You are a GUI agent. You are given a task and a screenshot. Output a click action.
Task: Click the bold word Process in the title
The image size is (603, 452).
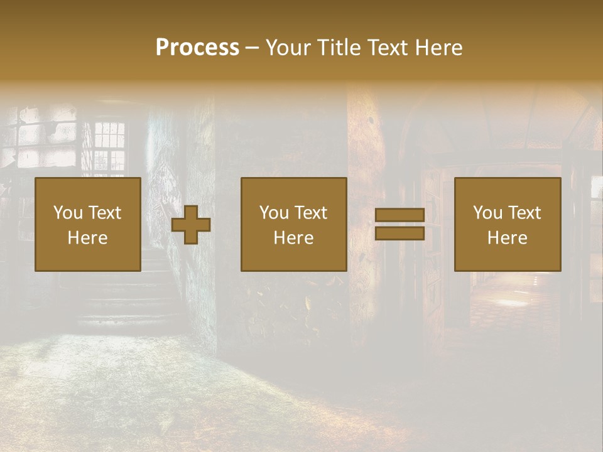pyautogui.click(x=197, y=48)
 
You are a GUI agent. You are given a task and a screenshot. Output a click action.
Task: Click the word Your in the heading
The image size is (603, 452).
pyautogui.click(x=287, y=48)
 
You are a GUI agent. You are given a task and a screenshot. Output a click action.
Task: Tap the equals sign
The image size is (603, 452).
pyautogui.click(x=399, y=224)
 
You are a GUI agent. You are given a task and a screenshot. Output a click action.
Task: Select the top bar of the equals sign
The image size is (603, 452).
pyautogui.click(x=399, y=215)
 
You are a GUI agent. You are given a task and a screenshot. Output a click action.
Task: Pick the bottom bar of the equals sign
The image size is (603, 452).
pyautogui.click(x=399, y=233)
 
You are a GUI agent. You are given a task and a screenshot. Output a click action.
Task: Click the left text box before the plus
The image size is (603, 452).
pyautogui.click(x=88, y=224)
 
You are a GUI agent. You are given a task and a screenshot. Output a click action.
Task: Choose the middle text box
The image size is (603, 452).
pyautogui.click(x=294, y=224)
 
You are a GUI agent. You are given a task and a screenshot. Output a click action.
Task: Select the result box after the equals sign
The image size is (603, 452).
pyautogui.click(x=508, y=224)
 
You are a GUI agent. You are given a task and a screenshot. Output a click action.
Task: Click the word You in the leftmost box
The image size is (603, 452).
pyautogui.click(x=66, y=213)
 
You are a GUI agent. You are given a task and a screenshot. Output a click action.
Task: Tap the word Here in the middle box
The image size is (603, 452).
pyautogui.click(x=294, y=238)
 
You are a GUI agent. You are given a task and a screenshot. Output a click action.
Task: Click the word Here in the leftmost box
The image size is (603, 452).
pyautogui.click(x=88, y=238)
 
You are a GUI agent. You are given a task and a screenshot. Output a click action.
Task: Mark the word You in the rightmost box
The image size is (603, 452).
pyautogui.click(x=487, y=213)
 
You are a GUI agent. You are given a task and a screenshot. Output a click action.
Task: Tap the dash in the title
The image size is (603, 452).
pyautogui.click(x=252, y=48)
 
